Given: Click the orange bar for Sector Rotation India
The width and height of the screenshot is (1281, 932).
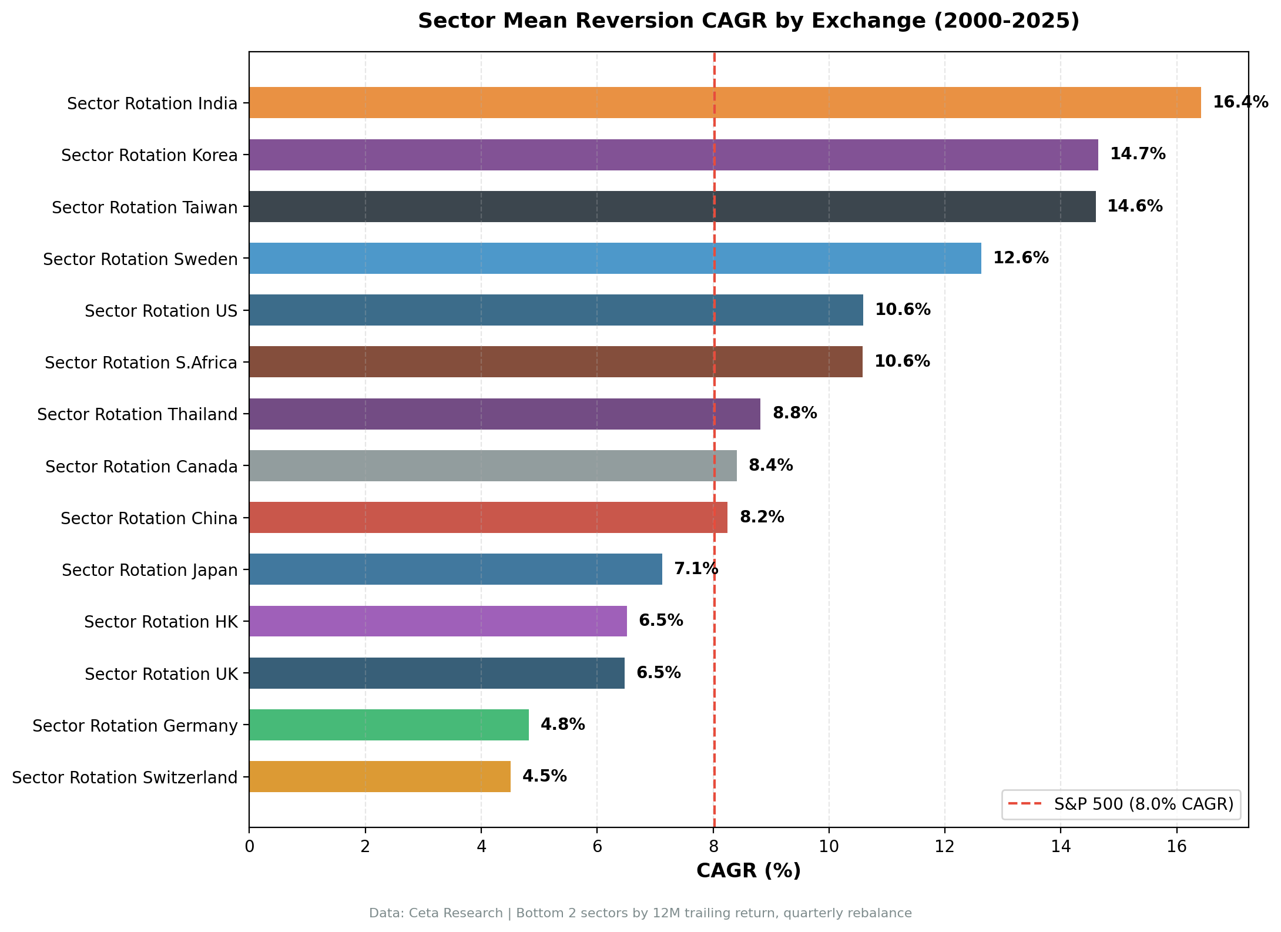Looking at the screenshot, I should (x=725, y=103).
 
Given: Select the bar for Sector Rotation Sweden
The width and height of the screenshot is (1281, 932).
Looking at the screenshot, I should (x=615, y=258).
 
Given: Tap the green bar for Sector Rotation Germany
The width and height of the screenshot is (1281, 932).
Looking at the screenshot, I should (x=388, y=725).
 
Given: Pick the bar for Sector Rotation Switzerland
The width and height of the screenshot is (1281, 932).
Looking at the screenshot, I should (x=380, y=776).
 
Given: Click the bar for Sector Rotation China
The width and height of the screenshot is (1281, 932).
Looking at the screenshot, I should (x=488, y=517).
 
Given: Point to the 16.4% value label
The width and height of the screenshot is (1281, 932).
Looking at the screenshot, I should (x=1240, y=102).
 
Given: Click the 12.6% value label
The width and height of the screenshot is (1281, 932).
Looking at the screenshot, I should (x=1021, y=258).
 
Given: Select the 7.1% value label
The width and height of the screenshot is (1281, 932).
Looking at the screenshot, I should (x=696, y=569).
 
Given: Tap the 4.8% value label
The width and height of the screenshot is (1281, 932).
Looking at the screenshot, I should (x=562, y=725).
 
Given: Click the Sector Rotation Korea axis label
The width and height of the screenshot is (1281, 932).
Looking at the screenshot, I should (x=149, y=155).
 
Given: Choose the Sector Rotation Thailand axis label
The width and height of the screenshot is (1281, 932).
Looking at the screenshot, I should (x=137, y=414).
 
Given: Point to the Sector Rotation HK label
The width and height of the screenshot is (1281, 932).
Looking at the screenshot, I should (x=160, y=622).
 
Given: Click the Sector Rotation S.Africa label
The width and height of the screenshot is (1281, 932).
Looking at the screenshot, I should (x=141, y=363).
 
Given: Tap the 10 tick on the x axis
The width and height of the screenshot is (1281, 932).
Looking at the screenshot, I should (x=829, y=847).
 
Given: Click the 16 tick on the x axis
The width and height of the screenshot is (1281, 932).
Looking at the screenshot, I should (x=1176, y=847).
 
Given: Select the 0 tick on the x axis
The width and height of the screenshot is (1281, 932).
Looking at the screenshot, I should (x=249, y=847).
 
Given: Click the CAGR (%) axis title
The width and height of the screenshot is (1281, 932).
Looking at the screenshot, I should (x=748, y=871).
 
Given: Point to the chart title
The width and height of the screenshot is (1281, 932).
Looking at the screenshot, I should (x=748, y=21).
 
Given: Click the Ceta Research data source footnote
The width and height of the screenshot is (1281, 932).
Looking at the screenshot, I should (x=640, y=913).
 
